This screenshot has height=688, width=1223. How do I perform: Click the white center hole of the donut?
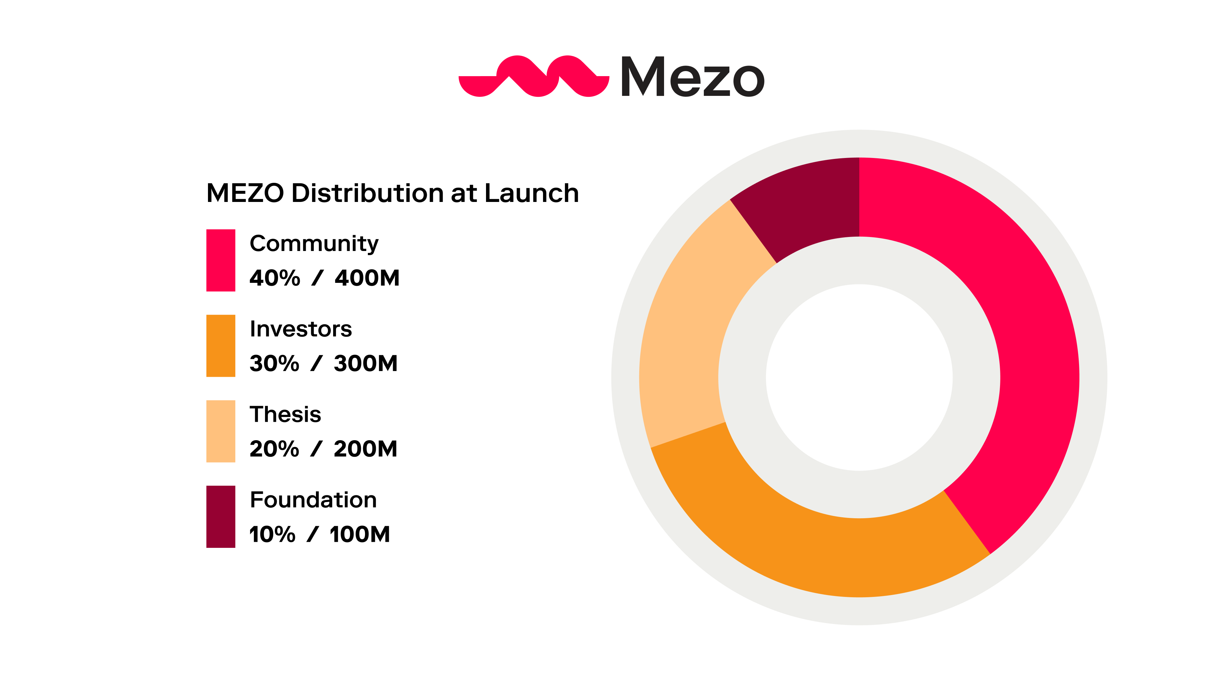click(859, 377)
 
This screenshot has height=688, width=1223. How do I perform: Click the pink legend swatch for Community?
click(221, 260)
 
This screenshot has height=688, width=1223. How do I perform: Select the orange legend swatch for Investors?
click(221, 346)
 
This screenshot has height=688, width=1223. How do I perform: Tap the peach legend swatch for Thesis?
click(221, 431)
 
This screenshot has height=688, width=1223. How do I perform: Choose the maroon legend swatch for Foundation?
click(221, 517)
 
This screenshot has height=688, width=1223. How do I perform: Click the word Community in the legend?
click(314, 244)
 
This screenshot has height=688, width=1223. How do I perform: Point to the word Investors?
click(301, 329)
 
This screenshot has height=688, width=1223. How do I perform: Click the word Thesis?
click(285, 414)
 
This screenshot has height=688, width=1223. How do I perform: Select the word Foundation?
click(313, 500)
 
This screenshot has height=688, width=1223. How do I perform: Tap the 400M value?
click(367, 278)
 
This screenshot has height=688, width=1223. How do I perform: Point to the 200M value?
click(365, 449)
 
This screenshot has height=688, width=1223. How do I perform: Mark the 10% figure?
click(272, 534)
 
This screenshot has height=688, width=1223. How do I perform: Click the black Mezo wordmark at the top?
click(692, 77)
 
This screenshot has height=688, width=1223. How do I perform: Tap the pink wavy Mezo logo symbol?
click(534, 76)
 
